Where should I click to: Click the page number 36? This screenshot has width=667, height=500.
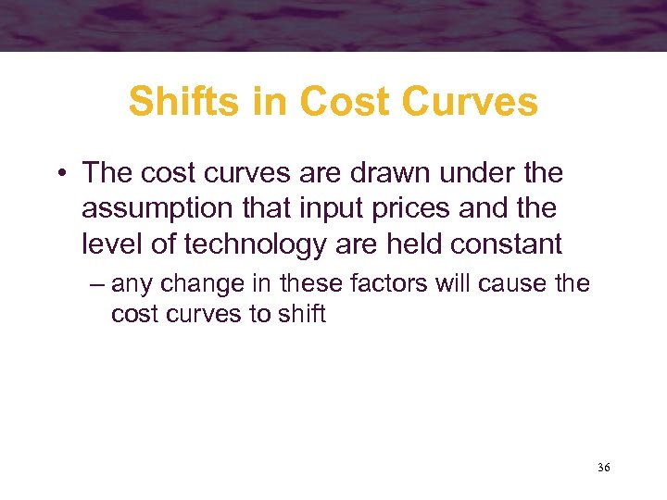click(604, 469)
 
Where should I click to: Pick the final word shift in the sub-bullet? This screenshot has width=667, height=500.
click(300, 314)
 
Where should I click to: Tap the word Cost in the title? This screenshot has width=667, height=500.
click(334, 102)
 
